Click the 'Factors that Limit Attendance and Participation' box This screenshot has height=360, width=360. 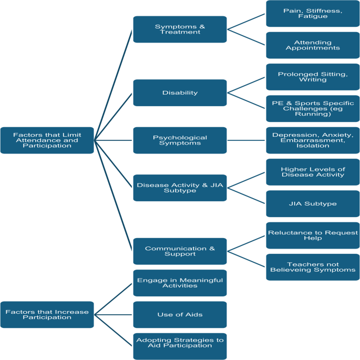point(47,140)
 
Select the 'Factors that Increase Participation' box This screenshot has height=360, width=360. point(47,315)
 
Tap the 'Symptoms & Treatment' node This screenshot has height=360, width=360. point(180,29)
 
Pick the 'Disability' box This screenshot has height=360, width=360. point(180,92)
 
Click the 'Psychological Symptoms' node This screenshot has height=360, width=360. point(180,140)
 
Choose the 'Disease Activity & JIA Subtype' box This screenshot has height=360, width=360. point(180,188)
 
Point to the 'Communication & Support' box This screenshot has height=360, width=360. point(180,251)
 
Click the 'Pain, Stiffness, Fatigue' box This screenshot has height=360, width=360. point(313,14)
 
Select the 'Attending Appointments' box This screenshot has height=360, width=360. point(313,45)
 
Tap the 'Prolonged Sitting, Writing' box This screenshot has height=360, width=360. point(313,77)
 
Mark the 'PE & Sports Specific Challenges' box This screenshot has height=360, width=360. point(313,108)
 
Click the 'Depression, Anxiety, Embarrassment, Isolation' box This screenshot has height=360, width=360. point(313,140)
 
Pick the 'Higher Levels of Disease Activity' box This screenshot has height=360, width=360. point(313,172)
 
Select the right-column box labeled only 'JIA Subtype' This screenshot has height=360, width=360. point(313,203)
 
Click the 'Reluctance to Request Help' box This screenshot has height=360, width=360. point(313,235)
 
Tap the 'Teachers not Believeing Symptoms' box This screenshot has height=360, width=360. point(313,267)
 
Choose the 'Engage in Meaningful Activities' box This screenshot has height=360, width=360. point(180,283)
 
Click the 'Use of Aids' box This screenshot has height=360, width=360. point(180,315)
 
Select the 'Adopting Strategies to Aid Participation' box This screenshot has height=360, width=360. point(180,346)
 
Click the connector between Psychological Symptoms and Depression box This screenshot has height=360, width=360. point(246,140)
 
